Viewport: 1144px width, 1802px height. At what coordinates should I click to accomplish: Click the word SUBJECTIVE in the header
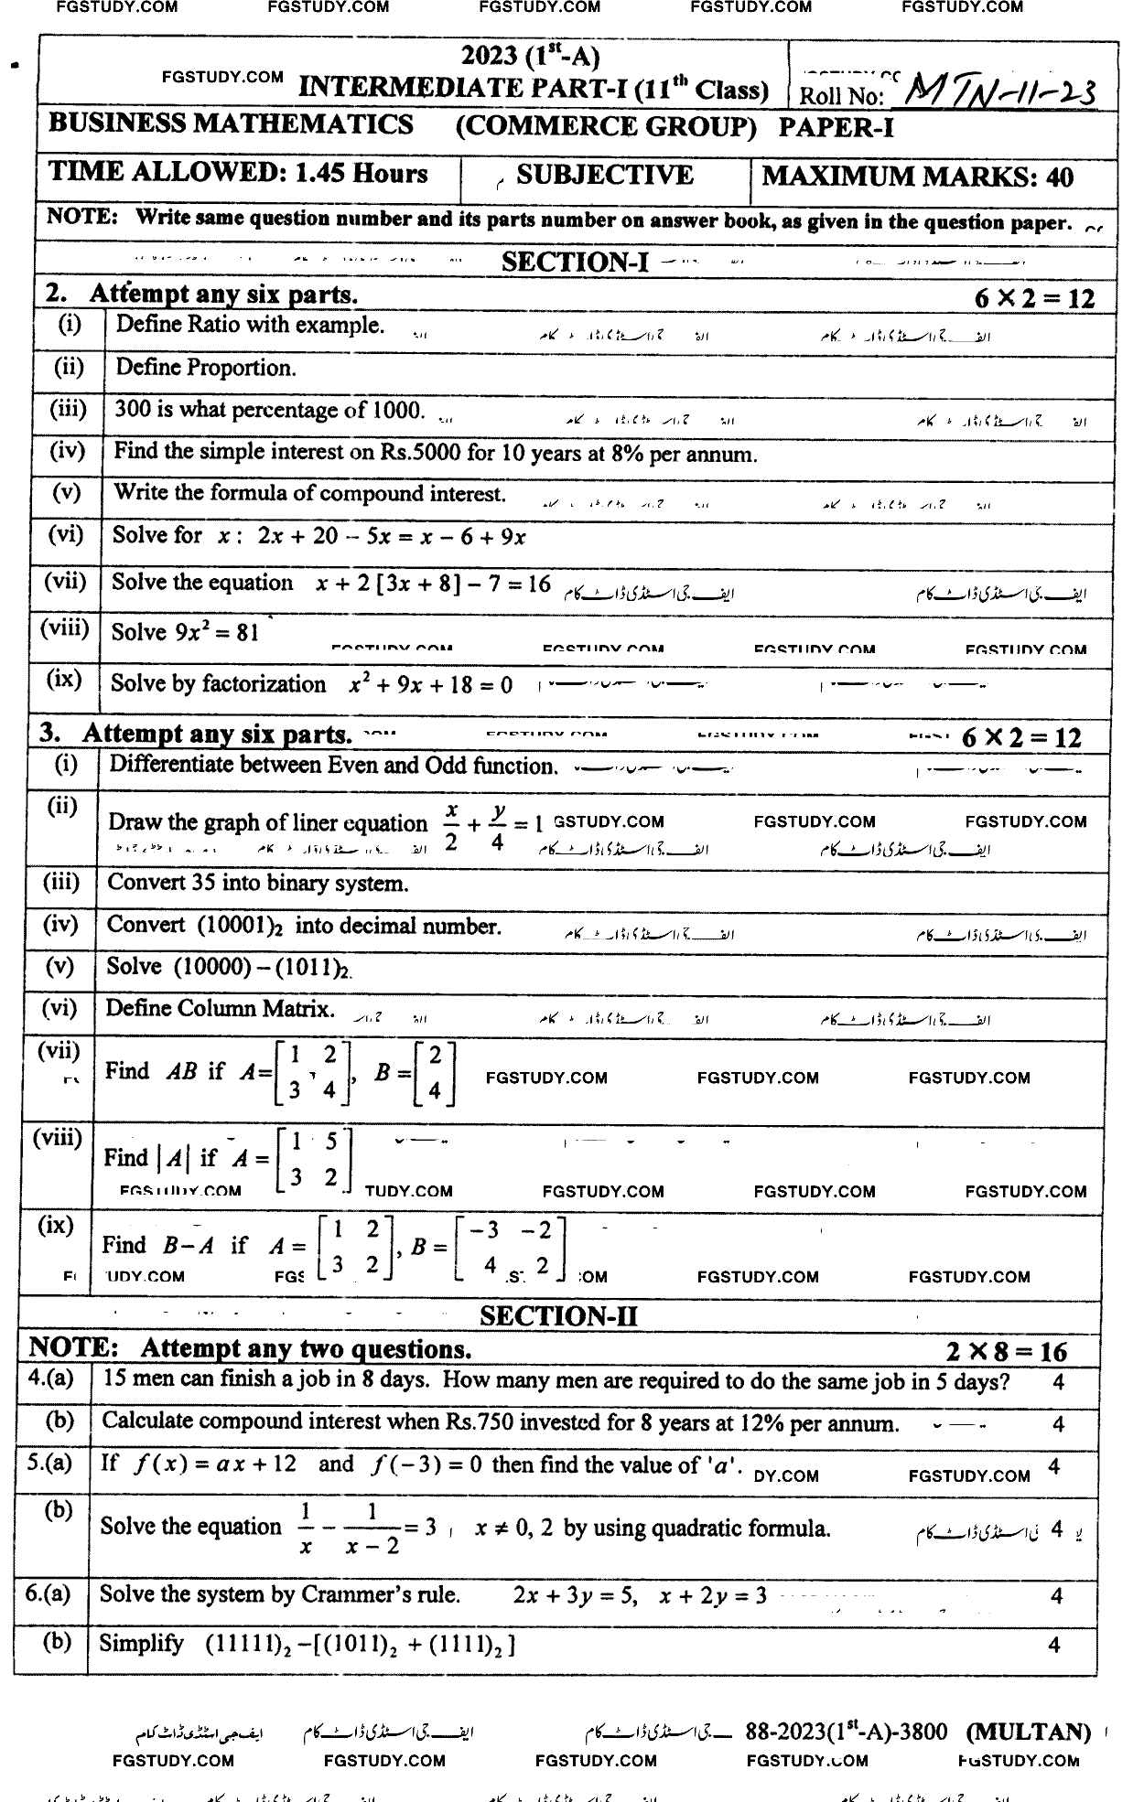pos(604,175)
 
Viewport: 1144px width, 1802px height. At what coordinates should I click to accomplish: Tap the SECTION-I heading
pos(575,263)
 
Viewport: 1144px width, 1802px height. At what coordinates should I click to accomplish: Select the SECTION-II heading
pos(558,1315)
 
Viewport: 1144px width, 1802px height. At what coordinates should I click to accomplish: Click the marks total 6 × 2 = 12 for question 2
pos(1034,297)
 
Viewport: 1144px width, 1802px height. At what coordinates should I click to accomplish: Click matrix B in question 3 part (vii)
pos(435,1074)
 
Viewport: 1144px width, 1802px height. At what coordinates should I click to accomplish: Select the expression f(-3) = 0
pos(426,1464)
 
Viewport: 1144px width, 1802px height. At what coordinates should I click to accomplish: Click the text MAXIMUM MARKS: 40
pos(917,177)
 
